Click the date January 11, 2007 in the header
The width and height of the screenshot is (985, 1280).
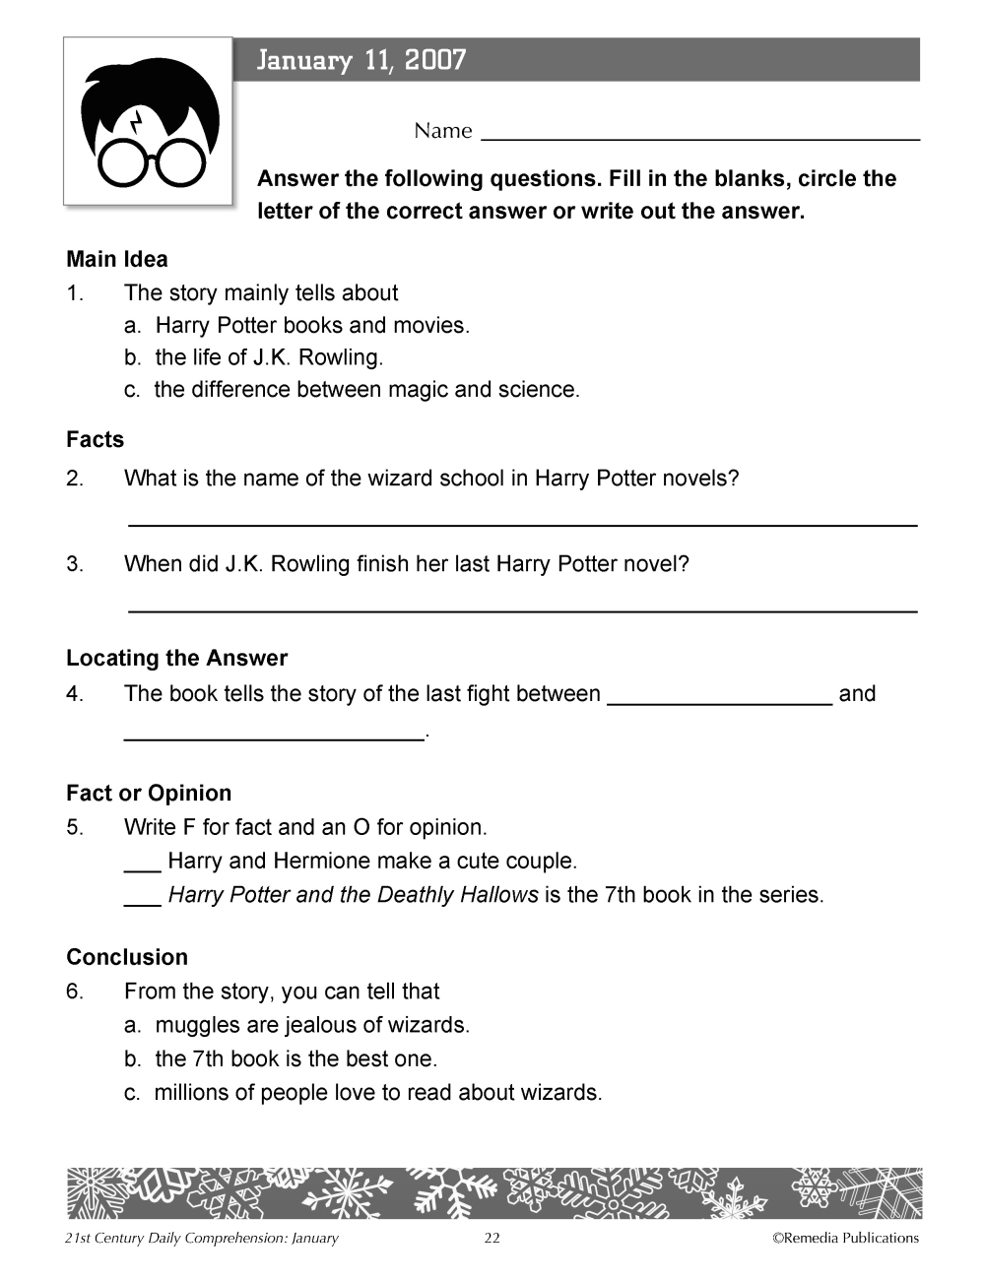(x=361, y=61)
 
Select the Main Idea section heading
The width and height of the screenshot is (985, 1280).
(x=117, y=259)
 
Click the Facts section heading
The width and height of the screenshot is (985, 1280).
(x=96, y=439)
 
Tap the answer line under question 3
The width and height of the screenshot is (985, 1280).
(x=522, y=609)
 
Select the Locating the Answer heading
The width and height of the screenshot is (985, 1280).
(x=177, y=658)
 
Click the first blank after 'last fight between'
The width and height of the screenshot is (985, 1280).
(x=720, y=701)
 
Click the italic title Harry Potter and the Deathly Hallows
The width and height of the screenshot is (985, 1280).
(x=354, y=895)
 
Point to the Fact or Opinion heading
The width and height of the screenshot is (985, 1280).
(x=149, y=793)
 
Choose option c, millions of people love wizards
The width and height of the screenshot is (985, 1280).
(x=377, y=1093)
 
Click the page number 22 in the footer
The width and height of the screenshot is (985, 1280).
(x=492, y=1239)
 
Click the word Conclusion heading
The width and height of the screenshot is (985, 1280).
(x=127, y=957)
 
